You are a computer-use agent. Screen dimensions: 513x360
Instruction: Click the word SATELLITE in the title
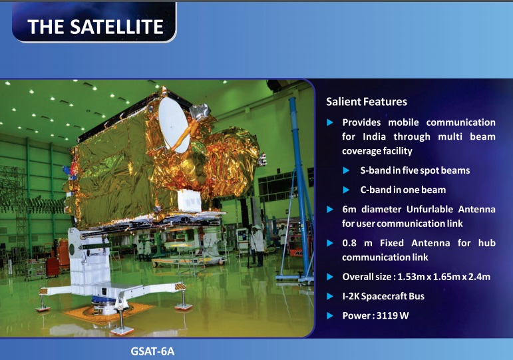[x=116, y=27]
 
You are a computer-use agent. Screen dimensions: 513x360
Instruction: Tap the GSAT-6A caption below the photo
[x=152, y=351]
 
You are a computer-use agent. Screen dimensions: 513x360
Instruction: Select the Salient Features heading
[x=367, y=102]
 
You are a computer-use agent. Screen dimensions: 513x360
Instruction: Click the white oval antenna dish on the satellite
[x=174, y=125]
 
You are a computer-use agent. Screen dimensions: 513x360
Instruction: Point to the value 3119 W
[x=393, y=315]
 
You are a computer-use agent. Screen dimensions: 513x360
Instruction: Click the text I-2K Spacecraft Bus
[x=383, y=296]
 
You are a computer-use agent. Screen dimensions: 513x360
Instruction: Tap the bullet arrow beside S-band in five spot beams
[x=346, y=170]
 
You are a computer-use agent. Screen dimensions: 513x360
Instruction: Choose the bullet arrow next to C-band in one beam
[x=346, y=190]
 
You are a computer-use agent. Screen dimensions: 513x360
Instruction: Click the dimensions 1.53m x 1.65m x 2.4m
[x=444, y=277]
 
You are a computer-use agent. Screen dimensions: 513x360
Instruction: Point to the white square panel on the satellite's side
[x=190, y=200]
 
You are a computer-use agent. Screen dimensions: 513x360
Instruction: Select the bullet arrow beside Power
[x=330, y=316]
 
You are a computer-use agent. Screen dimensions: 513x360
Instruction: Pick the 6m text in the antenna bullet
[x=349, y=209]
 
